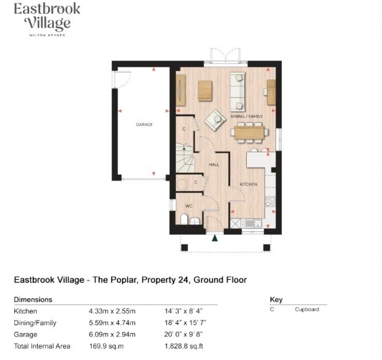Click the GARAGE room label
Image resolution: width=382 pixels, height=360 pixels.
tap(144, 124)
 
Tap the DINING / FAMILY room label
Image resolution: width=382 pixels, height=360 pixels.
tap(246, 117)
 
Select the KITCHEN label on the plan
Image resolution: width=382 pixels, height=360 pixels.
tap(248, 184)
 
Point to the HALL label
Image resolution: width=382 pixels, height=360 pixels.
tap(214, 164)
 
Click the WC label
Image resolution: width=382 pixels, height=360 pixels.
tap(190, 206)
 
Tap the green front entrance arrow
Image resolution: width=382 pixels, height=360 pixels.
tap(215, 238)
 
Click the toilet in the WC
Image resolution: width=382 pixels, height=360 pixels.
tap(184, 220)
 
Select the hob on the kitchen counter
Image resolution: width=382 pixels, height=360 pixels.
tap(270, 202)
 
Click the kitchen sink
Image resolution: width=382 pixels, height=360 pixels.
tap(249, 224)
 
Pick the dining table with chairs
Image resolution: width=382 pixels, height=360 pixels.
tap(249, 133)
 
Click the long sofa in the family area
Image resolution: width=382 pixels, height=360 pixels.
tap(237, 92)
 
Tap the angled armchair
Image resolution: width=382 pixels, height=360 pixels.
tap(215, 120)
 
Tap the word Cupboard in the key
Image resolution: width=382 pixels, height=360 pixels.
tap(307, 309)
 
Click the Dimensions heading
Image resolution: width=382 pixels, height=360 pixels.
tap(33, 300)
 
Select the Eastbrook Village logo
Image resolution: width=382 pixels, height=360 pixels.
tap(47, 19)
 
